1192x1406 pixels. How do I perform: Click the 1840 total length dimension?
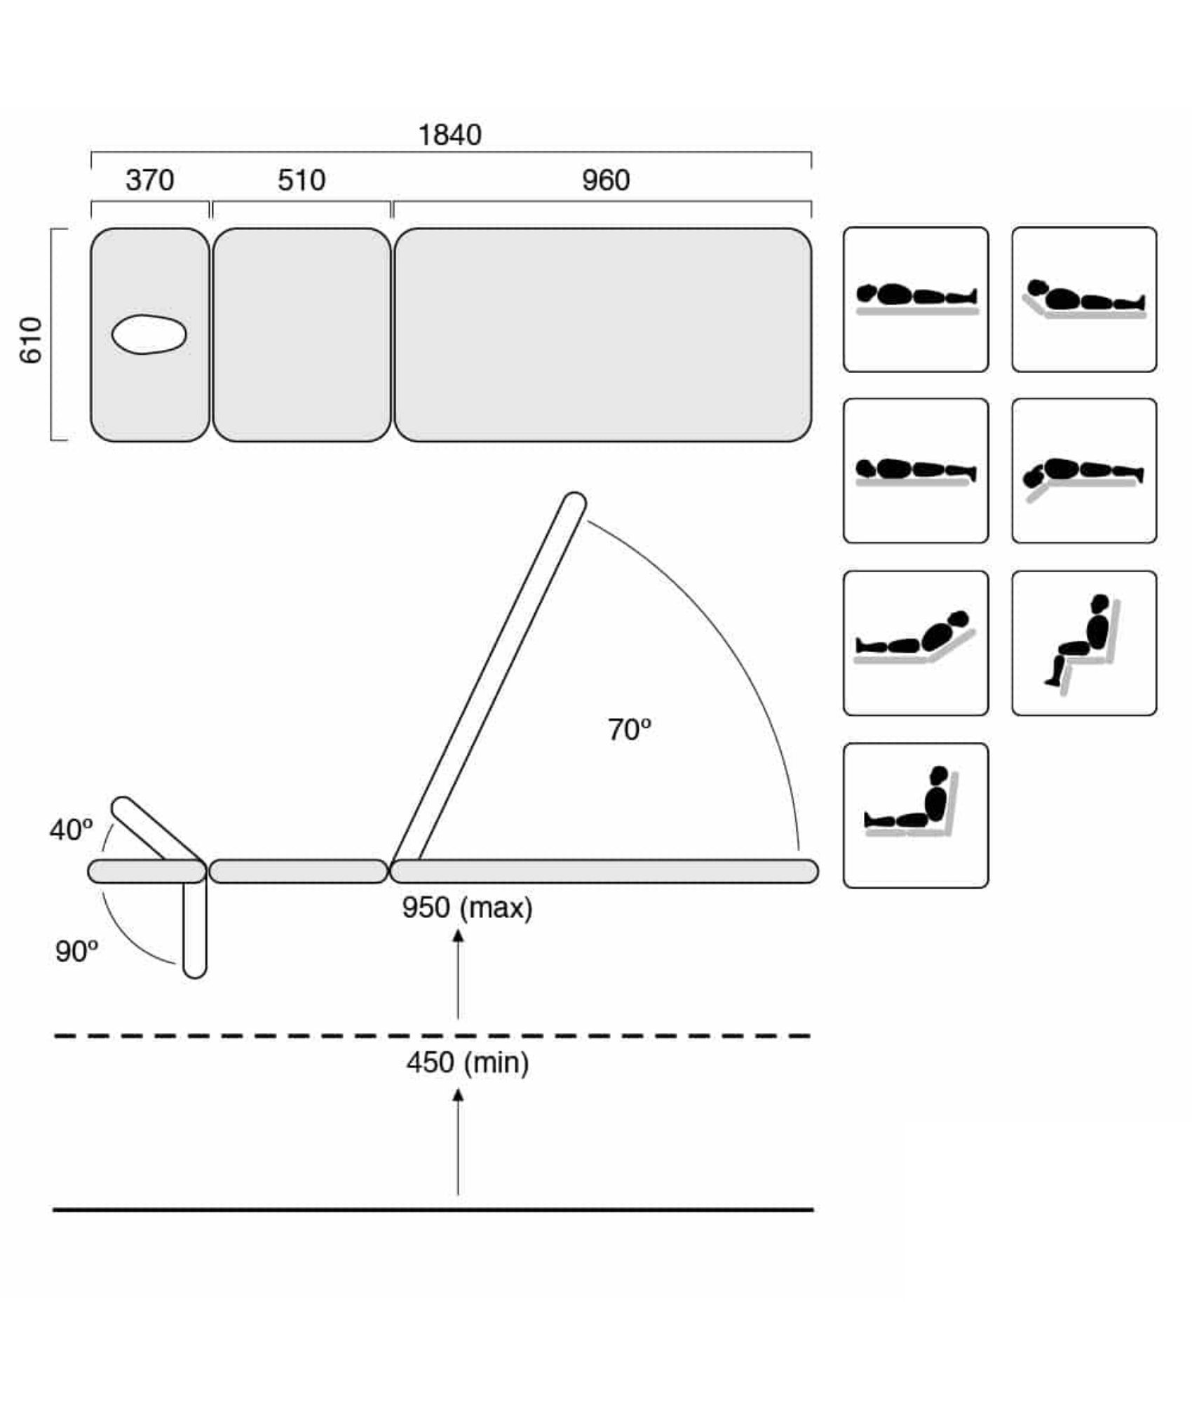point(449,135)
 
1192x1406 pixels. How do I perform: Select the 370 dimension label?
point(150,180)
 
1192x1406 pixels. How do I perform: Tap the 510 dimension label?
point(302,180)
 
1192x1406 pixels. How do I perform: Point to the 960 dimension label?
point(606,180)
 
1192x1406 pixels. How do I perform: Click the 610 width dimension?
point(31,340)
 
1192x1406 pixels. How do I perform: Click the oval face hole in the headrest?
point(149,334)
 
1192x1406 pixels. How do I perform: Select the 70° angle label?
point(629,729)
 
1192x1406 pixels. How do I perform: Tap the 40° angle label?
point(71,830)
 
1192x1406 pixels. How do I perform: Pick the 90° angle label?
point(76,951)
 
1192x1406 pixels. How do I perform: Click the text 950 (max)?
point(467,907)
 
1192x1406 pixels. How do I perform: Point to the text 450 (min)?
point(468,1062)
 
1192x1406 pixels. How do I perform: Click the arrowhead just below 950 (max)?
point(458,935)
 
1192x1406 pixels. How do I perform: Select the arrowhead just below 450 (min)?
point(458,1095)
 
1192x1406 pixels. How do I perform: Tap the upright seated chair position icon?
point(1084,643)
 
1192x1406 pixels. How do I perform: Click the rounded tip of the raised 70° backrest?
point(575,502)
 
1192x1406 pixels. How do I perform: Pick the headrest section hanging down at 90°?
point(195,929)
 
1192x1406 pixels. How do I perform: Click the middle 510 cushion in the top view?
point(302,334)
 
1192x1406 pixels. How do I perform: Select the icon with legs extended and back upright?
point(916,816)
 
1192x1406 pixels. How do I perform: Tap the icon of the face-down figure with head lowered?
point(1084,471)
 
